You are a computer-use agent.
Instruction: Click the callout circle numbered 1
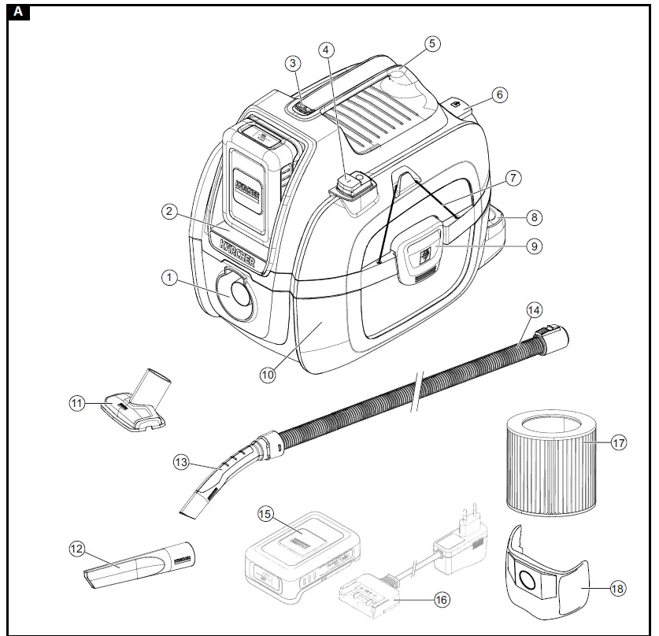coord(167,276)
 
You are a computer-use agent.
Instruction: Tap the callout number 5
coord(432,44)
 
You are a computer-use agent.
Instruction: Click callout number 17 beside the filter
coord(618,443)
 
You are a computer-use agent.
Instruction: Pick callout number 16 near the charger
coord(442,600)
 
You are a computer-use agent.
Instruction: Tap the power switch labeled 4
coord(351,186)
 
